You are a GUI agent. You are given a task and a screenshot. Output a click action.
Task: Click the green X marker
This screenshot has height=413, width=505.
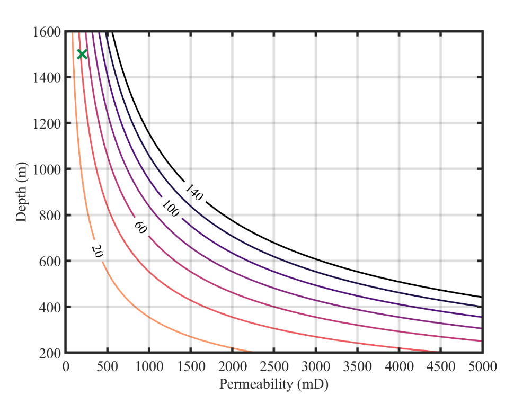click(x=82, y=54)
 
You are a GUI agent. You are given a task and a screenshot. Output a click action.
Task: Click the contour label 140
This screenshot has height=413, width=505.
click(x=194, y=193)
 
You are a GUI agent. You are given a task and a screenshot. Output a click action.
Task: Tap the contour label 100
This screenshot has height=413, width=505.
click(x=171, y=209)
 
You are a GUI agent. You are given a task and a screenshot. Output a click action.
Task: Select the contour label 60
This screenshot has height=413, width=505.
click(x=140, y=228)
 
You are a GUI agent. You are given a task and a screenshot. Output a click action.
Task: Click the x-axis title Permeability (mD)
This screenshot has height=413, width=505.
click(x=274, y=384)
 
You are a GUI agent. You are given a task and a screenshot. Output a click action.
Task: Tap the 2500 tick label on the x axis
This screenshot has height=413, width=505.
click(x=274, y=367)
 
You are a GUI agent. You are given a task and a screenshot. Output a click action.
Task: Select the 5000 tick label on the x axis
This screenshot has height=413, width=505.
click(x=482, y=367)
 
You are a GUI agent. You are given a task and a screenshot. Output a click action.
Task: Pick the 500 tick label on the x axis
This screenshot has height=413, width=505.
click(x=108, y=367)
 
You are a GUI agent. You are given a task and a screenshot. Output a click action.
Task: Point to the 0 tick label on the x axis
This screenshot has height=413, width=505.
click(x=66, y=367)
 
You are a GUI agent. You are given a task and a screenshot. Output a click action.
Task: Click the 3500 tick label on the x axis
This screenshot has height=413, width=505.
click(x=357, y=367)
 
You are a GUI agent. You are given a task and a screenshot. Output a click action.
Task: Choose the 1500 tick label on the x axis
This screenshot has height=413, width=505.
click(x=191, y=367)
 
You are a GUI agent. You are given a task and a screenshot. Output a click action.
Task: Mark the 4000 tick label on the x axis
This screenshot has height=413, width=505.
click(x=398, y=367)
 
